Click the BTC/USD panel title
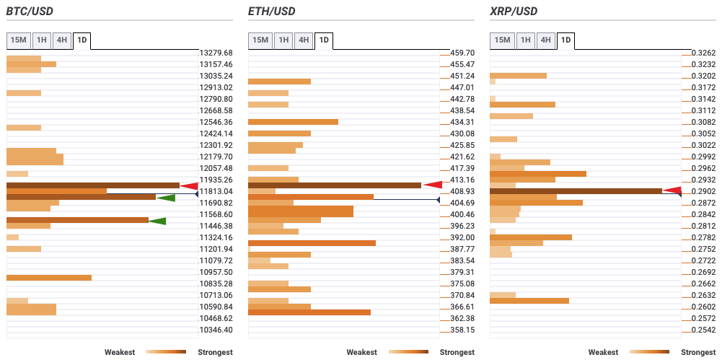click(x=30, y=12)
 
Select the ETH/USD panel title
click(x=271, y=12)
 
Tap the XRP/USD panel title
click(x=513, y=12)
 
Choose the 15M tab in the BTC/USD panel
click(x=19, y=40)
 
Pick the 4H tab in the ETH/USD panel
click(x=304, y=40)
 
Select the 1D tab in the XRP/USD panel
click(x=565, y=40)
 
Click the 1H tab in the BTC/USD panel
click(x=42, y=40)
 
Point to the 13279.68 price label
click(x=216, y=53)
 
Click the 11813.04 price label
click(x=216, y=191)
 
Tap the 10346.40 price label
click(x=216, y=330)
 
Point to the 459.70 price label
click(x=462, y=53)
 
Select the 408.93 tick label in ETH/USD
click(x=462, y=191)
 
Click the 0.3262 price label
click(x=703, y=53)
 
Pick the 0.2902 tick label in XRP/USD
click(x=703, y=191)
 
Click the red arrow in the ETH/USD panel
click(x=433, y=185)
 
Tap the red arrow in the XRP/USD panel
click(x=672, y=190)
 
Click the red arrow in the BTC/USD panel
click(x=189, y=185)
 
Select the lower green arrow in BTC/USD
click(x=157, y=221)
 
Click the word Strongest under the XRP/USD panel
click(x=698, y=352)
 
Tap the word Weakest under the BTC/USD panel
click(x=120, y=352)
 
